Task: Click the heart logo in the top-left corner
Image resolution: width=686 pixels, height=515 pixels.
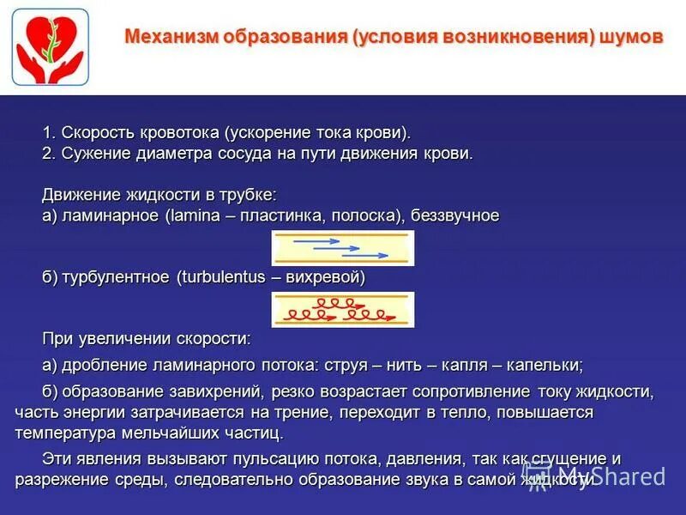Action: [x=50, y=47]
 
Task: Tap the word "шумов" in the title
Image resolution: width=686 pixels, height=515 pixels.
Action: [x=631, y=38]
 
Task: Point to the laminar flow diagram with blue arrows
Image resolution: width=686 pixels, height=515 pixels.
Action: [x=343, y=248]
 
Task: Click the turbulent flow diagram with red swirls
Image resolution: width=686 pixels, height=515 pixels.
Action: [x=343, y=310]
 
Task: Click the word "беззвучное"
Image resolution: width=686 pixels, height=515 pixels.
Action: [x=456, y=215]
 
